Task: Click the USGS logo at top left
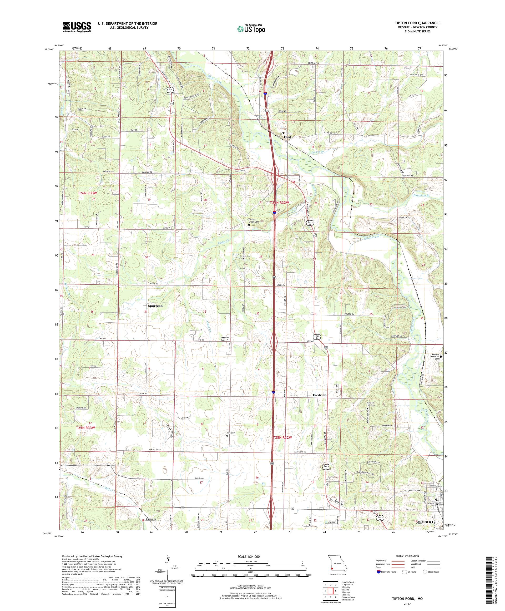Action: (77, 27)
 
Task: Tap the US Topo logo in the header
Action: (251, 28)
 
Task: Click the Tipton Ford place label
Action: (287, 135)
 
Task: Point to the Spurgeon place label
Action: (155, 306)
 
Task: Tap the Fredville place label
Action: (319, 395)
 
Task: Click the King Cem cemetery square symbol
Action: (227, 436)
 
